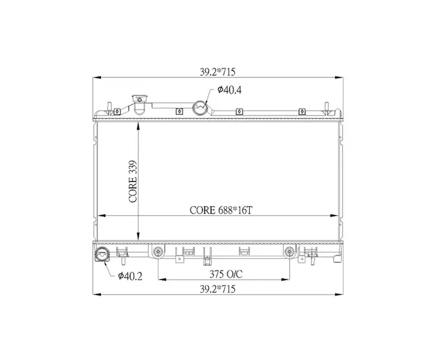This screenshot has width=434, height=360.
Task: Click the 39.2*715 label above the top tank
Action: click(218, 72)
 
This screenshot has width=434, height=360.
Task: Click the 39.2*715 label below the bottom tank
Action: click(218, 289)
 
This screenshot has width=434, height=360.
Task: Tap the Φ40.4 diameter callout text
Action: click(229, 90)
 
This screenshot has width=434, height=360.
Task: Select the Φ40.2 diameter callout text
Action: click(130, 276)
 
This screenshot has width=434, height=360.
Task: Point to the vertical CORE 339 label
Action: click(133, 181)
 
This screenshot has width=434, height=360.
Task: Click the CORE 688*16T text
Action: click(221, 211)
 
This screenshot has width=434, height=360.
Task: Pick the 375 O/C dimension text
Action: click(226, 274)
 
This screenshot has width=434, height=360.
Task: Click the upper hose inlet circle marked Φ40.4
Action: click(200, 108)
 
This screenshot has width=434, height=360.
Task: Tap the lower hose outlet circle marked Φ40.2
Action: click(102, 253)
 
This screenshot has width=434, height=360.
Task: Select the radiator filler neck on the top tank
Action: click(140, 104)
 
